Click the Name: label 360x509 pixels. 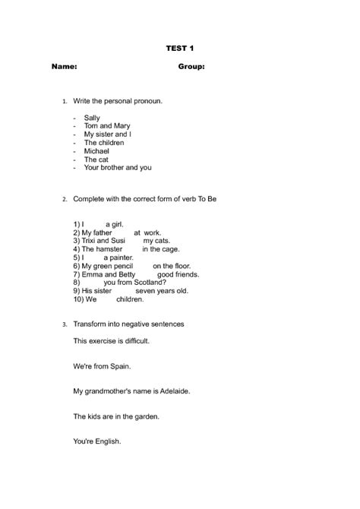point(64,67)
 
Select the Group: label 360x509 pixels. point(191,67)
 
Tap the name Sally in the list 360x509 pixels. point(92,118)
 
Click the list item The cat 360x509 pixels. point(96,160)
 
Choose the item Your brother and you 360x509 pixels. point(118,168)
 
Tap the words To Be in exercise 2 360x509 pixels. point(208,199)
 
